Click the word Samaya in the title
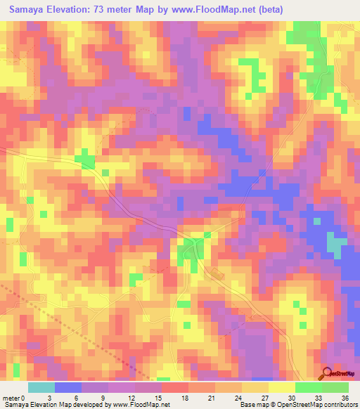pos(27,10)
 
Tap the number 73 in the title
pos(111,10)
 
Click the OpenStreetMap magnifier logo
pos(328,375)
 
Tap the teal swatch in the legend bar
pos(41,387)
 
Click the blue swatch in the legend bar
pos(68,387)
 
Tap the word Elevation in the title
pos(72,10)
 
